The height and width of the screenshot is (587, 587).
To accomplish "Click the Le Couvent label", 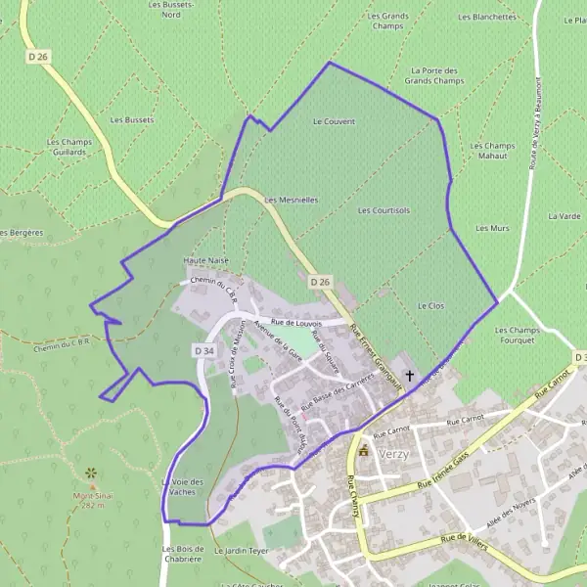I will [x=334, y=121].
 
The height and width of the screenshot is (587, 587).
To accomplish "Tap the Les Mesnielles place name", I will [x=292, y=200].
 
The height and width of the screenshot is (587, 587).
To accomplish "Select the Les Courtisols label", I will [x=384, y=210].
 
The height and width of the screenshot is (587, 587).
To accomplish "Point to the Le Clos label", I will [x=430, y=306].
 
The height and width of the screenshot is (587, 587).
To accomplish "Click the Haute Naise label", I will [x=205, y=261].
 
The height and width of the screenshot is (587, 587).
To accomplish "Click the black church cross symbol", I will [x=409, y=375].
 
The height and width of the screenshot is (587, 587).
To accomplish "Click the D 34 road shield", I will [x=203, y=350].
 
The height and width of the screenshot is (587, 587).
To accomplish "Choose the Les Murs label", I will [x=492, y=228].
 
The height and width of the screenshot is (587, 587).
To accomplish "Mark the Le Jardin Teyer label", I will [x=241, y=551].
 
